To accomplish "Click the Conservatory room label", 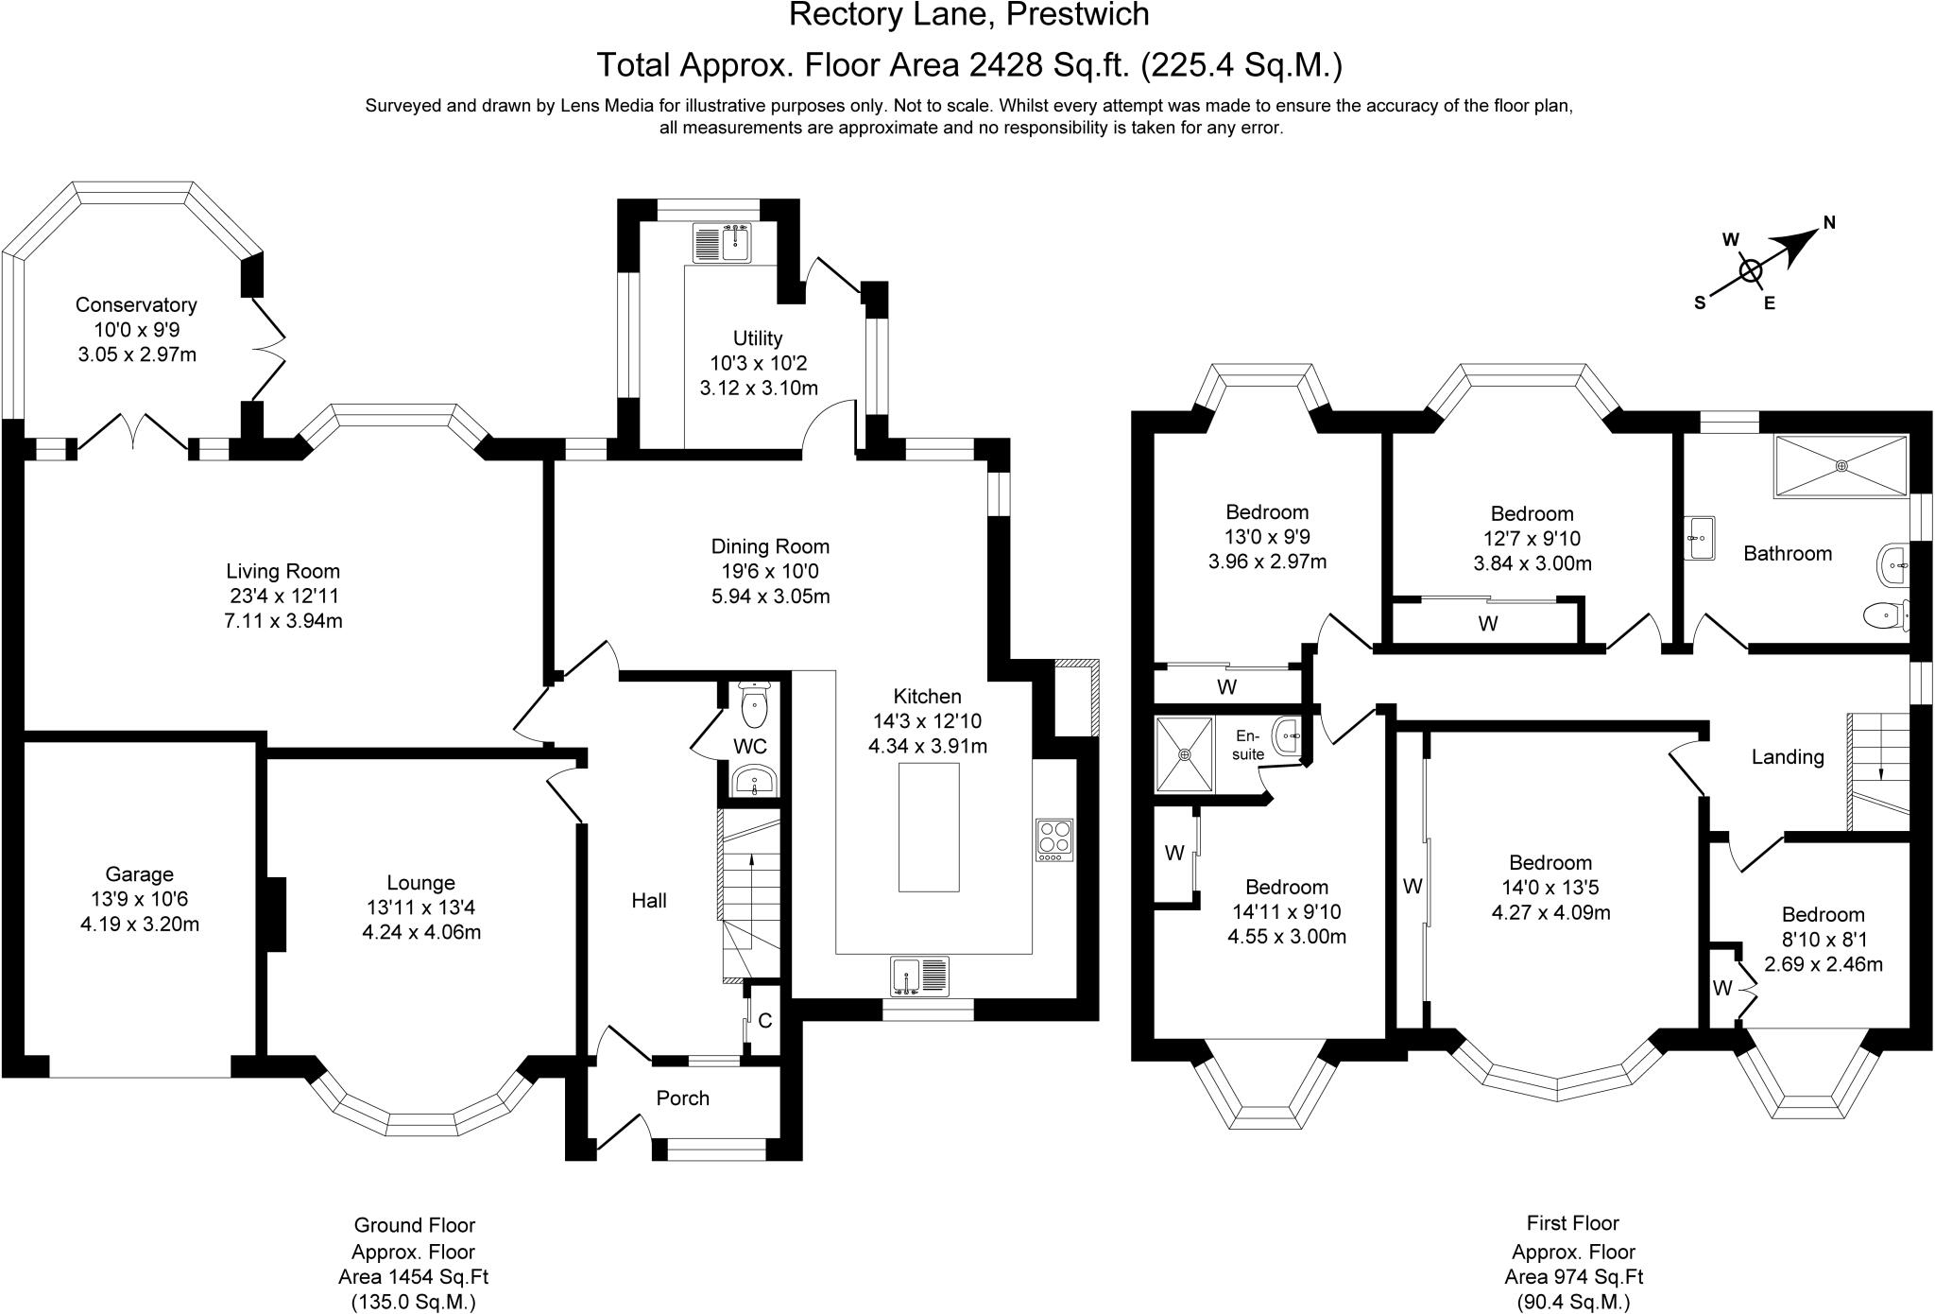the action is pos(136,304).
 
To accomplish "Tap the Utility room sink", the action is pos(723,243).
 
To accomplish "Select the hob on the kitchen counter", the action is pos(1054,839).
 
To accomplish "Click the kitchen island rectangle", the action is pos(929,827).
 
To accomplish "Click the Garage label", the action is pos(139,874).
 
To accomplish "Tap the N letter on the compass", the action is pos(1829,223).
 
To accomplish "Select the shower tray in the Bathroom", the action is pos(1841,465).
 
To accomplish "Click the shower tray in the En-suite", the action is pos(1184,754).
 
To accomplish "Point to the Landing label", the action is pos(1788,756).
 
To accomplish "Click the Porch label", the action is pos(682,1098).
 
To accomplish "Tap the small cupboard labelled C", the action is pos(764,1021).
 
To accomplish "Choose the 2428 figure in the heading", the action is pos(1004,64).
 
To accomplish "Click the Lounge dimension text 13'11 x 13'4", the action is pos(420,908).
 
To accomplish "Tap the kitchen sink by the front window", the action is pos(920,976).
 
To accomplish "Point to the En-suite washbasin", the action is pos(1287,735).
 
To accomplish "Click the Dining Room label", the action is pos(770,546).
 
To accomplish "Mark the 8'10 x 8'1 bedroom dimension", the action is pos(1823,940).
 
